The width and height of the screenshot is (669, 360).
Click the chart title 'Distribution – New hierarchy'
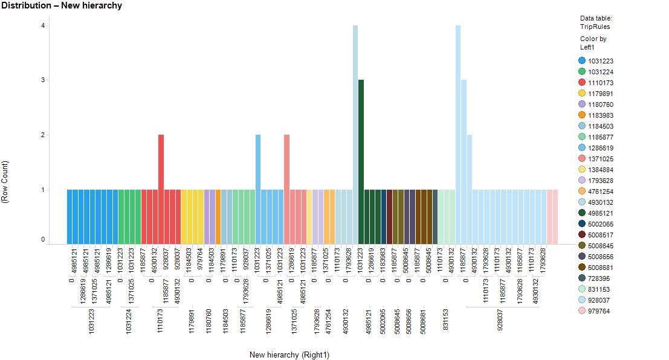click(62, 5)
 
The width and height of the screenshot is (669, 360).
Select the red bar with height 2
click(161, 188)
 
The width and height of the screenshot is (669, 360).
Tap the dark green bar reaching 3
click(361, 161)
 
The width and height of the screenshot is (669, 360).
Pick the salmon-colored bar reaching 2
click(286, 188)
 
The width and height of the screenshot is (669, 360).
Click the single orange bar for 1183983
click(218, 216)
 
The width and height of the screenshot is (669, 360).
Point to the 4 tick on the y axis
click(43, 25)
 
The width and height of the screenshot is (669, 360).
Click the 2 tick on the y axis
click(43, 135)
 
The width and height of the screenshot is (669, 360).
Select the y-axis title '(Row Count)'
click(6, 181)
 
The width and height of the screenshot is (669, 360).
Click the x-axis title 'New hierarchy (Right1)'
click(289, 355)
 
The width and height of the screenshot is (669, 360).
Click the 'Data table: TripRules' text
click(595, 22)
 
